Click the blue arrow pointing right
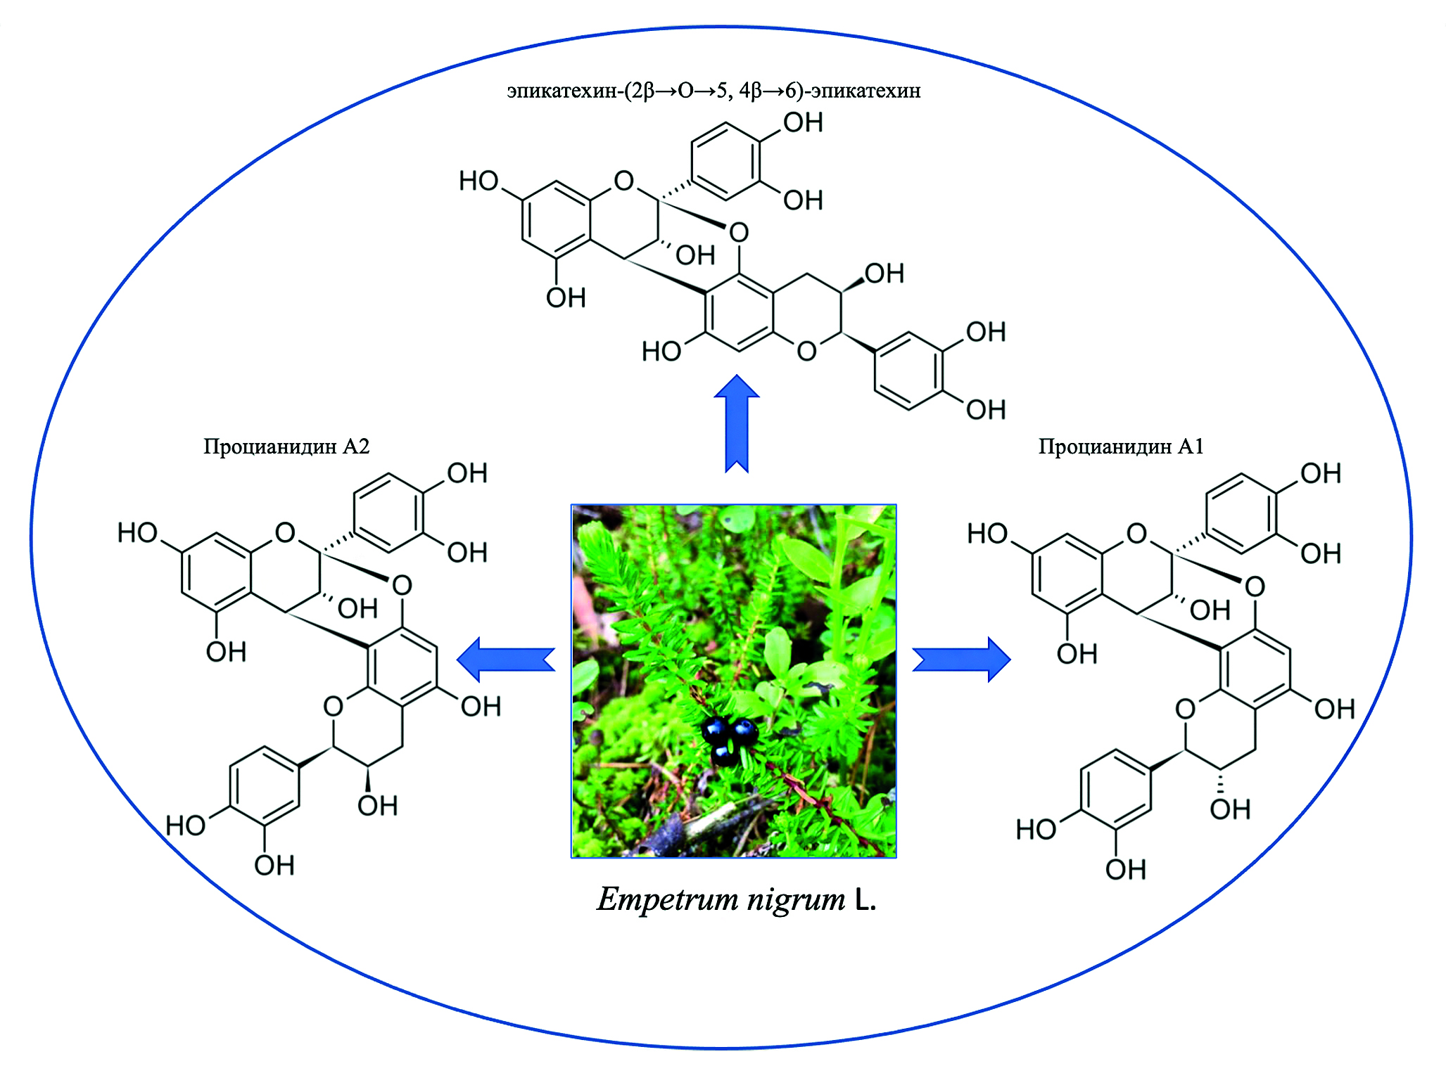(961, 659)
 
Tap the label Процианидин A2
(286, 447)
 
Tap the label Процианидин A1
(1121, 447)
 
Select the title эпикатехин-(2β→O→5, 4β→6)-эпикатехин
(714, 91)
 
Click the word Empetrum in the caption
(665, 899)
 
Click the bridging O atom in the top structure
(738, 232)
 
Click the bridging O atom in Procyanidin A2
(402, 585)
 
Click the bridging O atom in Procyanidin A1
(1255, 586)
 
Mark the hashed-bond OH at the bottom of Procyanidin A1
(1230, 809)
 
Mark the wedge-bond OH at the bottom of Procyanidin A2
(377, 806)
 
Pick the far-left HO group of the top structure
(478, 181)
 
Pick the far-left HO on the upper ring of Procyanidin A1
(987, 534)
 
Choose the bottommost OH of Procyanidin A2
(274, 866)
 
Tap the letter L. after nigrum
(865, 900)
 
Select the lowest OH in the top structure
(985, 409)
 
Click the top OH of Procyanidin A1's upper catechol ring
(1320, 474)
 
